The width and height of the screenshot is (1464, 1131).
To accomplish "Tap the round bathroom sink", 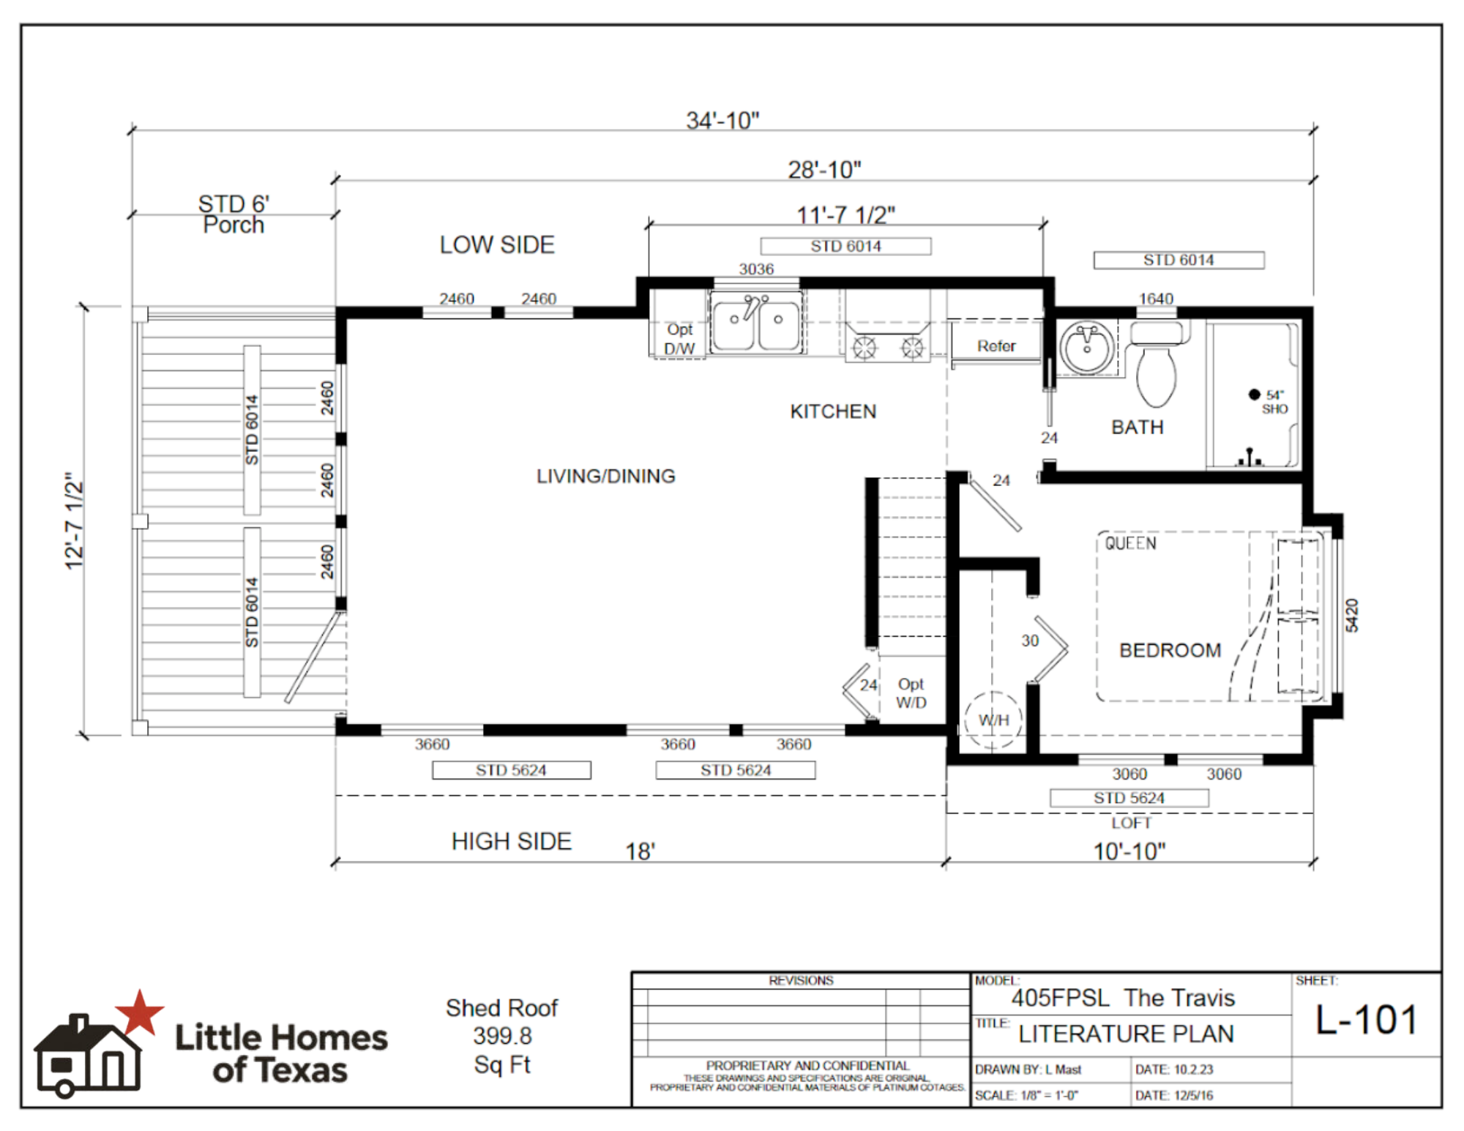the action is pyautogui.click(x=1087, y=348).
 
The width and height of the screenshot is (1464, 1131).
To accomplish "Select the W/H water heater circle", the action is pyautogui.click(x=993, y=720).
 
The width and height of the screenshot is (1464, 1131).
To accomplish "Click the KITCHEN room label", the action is pyautogui.click(x=833, y=411).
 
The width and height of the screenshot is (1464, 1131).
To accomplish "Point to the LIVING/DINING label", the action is pyautogui.click(x=606, y=476).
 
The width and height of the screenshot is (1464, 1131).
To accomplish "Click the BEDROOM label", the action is pyautogui.click(x=1170, y=650).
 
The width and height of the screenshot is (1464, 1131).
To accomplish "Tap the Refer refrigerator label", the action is pyautogui.click(x=996, y=346).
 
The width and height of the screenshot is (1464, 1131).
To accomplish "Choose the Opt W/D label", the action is pyautogui.click(x=911, y=693).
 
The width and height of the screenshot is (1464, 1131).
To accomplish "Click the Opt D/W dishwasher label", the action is pyautogui.click(x=679, y=339).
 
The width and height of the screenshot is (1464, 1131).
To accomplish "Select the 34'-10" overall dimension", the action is pyautogui.click(x=722, y=120).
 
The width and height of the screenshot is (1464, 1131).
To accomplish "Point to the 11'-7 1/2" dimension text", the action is pyautogui.click(x=845, y=214).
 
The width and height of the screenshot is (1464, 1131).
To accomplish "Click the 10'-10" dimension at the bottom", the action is pyautogui.click(x=1129, y=851).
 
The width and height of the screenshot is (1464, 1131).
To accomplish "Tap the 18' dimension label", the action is pyautogui.click(x=640, y=851).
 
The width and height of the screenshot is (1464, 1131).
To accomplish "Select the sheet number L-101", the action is pyautogui.click(x=1367, y=1019).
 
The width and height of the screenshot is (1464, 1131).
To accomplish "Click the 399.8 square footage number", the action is pyautogui.click(x=502, y=1036).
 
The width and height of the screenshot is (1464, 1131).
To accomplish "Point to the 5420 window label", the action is pyautogui.click(x=1351, y=615).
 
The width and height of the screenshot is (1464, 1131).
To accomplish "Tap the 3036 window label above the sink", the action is pyautogui.click(x=756, y=269).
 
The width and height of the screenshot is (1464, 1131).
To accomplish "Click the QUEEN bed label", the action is pyautogui.click(x=1130, y=543).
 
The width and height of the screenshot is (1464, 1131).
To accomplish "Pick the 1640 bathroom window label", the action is pyautogui.click(x=1156, y=299).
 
